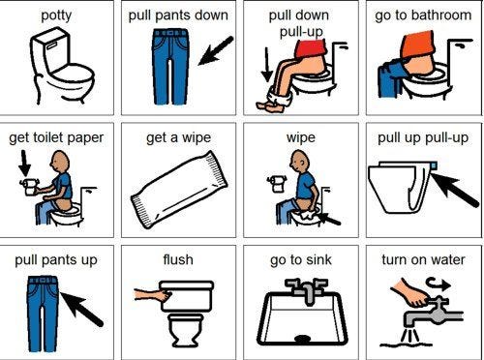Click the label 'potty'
click(x=56, y=15)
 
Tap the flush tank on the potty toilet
click(x=49, y=51)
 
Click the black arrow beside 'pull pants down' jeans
click(x=216, y=50)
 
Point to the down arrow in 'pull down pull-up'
click(x=267, y=65)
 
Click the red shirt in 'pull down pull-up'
click(x=311, y=48)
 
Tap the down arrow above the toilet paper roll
click(x=24, y=164)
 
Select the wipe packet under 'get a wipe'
click(x=179, y=190)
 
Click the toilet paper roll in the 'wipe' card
click(x=277, y=183)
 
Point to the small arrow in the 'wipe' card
click(x=329, y=219)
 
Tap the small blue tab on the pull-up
click(x=434, y=165)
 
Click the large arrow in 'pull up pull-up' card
click(x=455, y=190)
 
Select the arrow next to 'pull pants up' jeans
click(x=81, y=309)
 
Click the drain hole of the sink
click(x=303, y=339)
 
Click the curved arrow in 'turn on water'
click(x=439, y=285)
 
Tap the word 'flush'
click(x=178, y=259)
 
